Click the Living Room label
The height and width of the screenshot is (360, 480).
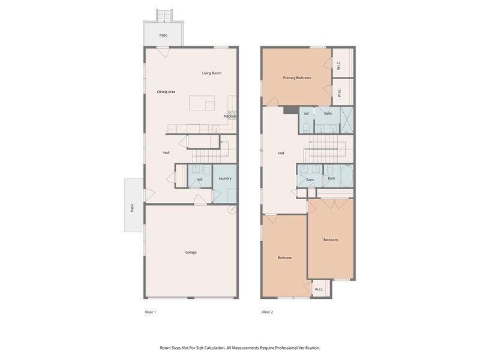(x=211, y=73)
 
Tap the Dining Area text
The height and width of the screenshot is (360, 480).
(x=166, y=92)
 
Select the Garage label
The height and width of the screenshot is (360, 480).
(x=191, y=252)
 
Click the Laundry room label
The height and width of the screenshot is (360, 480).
(x=225, y=179)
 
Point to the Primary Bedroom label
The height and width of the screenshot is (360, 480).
(x=297, y=77)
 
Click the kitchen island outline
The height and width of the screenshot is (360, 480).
(x=202, y=103)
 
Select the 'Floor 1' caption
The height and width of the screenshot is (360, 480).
(x=151, y=312)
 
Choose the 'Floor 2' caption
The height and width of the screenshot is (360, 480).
(x=267, y=312)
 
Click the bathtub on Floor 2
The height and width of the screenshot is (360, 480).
(x=346, y=177)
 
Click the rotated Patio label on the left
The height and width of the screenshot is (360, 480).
(x=132, y=208)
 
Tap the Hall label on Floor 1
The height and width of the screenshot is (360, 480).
(x=166, y=152)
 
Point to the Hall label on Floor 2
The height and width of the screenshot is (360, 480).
(x=281, y=153)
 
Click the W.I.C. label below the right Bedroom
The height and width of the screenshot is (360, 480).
(x=319, y=290)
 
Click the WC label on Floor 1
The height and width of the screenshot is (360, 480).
(x=200, y=179)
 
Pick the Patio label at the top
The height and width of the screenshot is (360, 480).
(x=163, y=35)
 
